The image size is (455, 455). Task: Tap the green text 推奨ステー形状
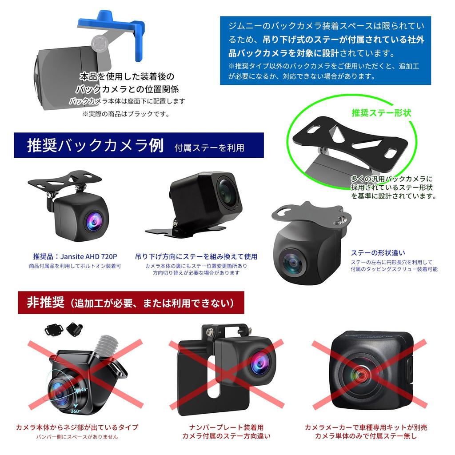click(381, 113)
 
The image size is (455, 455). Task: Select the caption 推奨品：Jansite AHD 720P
click(75, 256)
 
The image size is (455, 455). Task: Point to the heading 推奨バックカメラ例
click(96, 145)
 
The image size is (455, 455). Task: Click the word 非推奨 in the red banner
click(46, 303)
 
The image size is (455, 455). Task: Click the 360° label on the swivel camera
click(75, 411)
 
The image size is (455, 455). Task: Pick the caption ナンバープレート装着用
click(226, 427)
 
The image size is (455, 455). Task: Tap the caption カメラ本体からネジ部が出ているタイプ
click(77, 427)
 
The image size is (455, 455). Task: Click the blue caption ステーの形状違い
click(378, 253)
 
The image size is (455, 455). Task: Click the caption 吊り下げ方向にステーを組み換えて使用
click(196, 256)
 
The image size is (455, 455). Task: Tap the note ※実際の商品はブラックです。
click(127, 114)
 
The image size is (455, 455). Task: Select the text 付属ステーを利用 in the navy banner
click(209, 148)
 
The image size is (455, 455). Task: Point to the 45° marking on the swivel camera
click(84, 389)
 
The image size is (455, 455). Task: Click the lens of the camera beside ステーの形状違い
click(293, 263)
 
